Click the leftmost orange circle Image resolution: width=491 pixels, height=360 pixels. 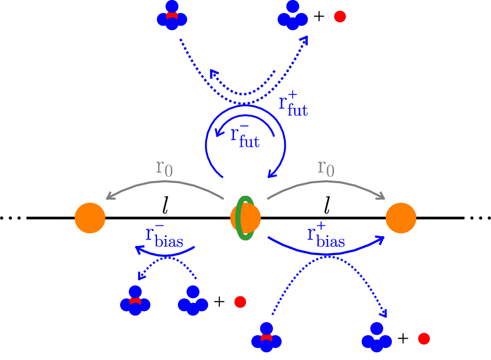[90, 218]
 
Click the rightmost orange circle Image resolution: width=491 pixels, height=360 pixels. [401, 218]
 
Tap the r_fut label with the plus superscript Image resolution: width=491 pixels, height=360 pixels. [293, 104]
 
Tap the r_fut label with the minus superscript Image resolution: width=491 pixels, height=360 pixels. [245, 136]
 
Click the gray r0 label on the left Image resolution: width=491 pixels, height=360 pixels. [164, 167]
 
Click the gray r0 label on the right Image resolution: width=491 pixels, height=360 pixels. [326, 167]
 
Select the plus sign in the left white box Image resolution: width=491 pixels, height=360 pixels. [219, 302]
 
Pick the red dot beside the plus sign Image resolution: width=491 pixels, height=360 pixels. [240, 302]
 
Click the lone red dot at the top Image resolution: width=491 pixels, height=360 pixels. [340, 17]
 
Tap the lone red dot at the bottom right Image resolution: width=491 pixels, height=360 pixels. [424, 339]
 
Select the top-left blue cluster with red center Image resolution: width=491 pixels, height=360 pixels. [172, 17]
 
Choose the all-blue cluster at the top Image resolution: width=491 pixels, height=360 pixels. [293, 17]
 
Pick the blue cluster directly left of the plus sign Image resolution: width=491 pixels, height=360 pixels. [193, 301]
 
